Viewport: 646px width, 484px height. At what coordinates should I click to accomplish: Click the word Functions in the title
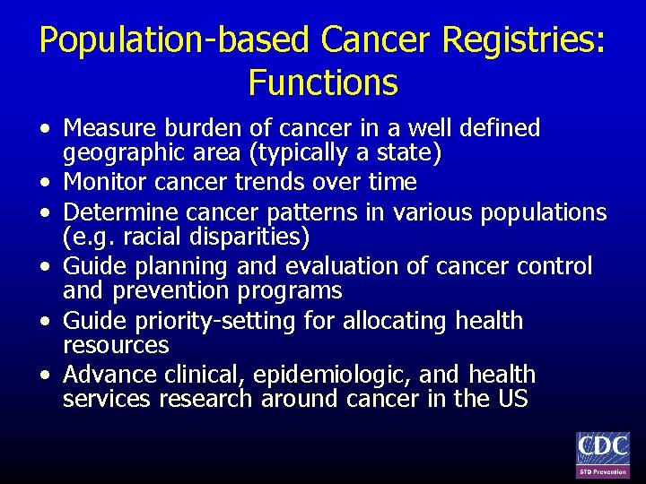(x=323, y=83)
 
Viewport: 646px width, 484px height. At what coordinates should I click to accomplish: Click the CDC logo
(x=602, y=454)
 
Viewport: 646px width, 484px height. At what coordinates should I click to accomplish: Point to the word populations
(x=544, y=213)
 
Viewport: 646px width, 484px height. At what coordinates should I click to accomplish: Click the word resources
(x=116, y=345)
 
